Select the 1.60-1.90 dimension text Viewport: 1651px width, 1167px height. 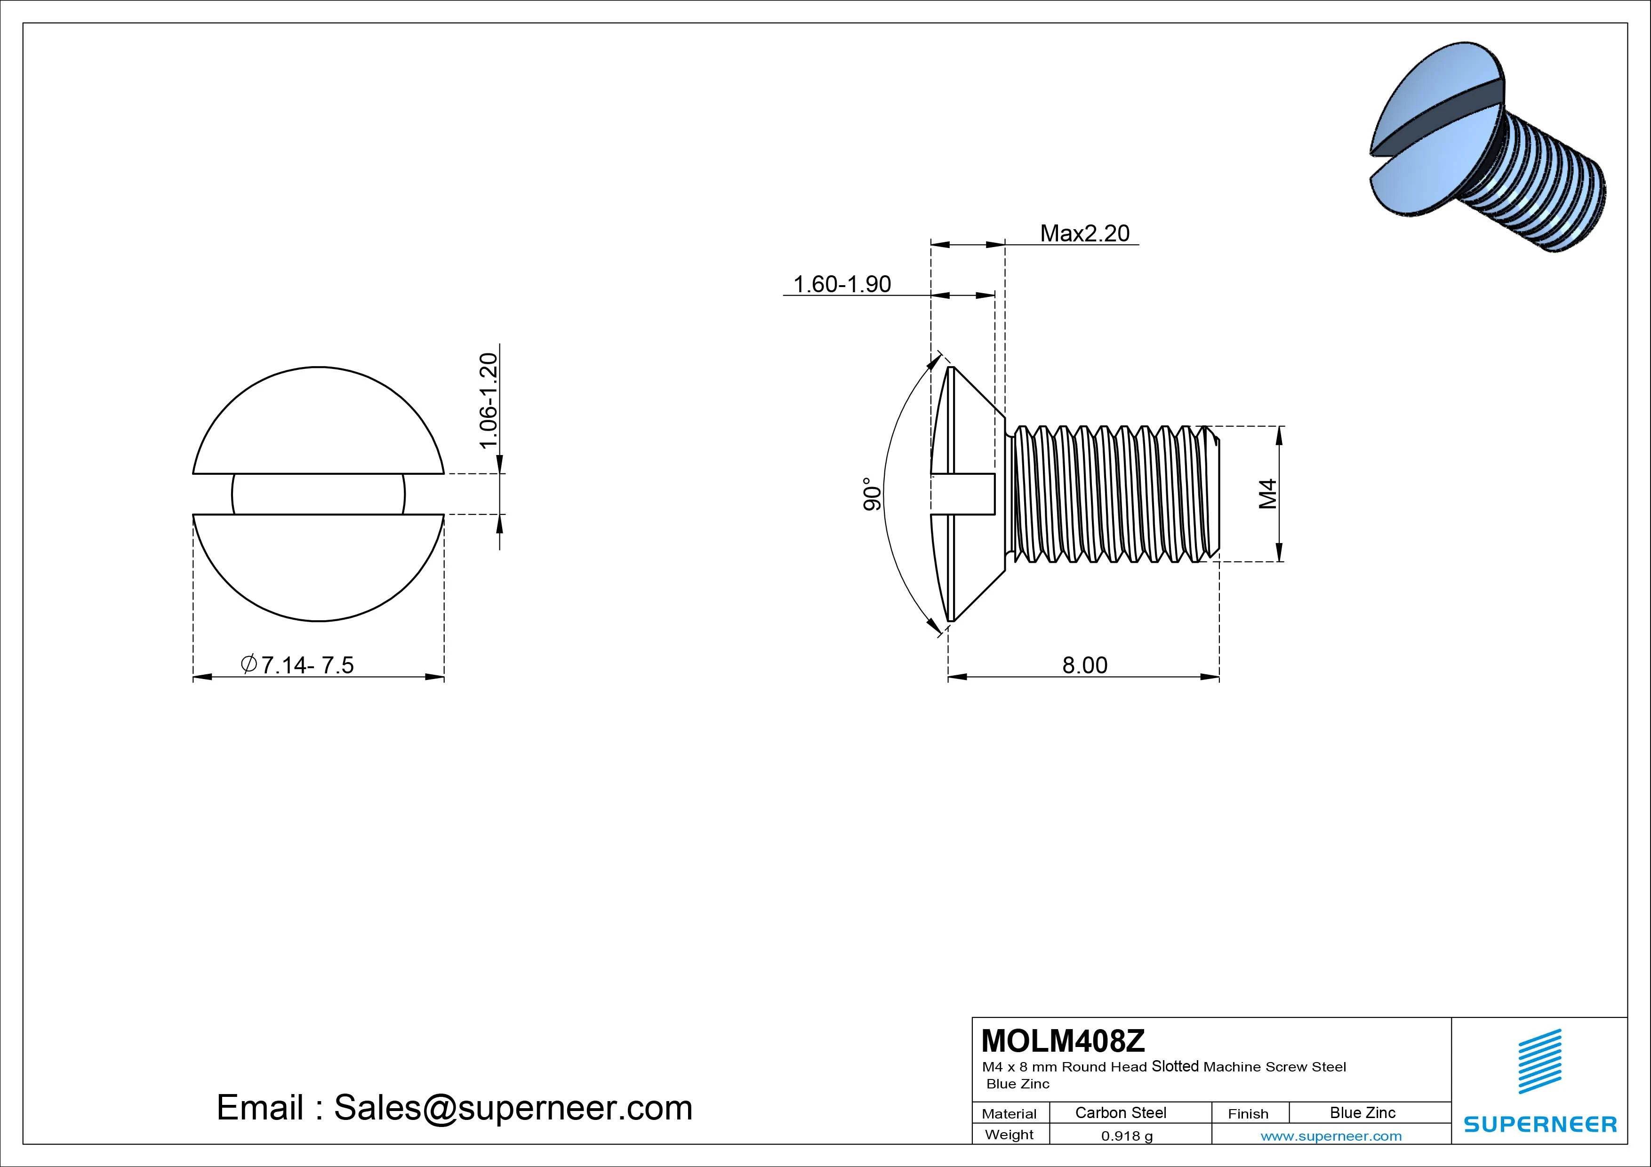tap(842, 285)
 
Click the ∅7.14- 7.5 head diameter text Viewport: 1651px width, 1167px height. tap(298, 665)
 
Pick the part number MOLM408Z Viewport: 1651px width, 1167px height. tap(1063, 1040)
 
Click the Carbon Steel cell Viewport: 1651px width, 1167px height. tap(1120, 1113)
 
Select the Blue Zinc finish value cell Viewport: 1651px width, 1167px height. tap(1362, 1113)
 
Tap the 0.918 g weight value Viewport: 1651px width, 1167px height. tap(1127, 1136)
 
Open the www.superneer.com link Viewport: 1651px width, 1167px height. tap(1331, 1136)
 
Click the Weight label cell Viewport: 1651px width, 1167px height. tap(1009, 1135)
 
